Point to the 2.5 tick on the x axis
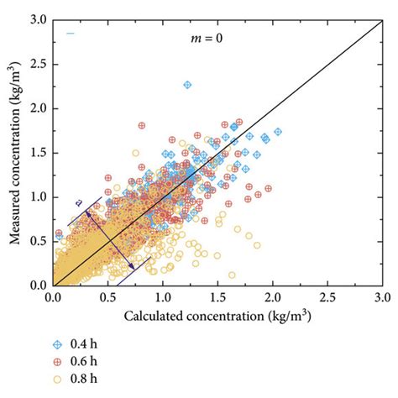(x=327, y=296)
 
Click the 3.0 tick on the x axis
(x=382, y=296)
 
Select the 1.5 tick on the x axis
(x=217, y=296)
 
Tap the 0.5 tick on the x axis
(x=107, y=296)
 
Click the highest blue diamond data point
(x=187, y=85)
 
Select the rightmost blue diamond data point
(x=279, y=131)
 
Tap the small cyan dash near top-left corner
(x=71, y=34)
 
